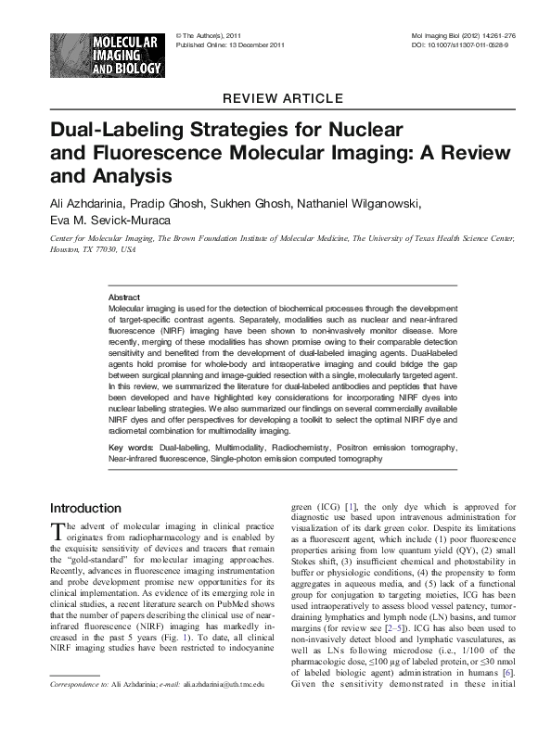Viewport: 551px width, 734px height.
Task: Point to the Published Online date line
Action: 230,44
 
